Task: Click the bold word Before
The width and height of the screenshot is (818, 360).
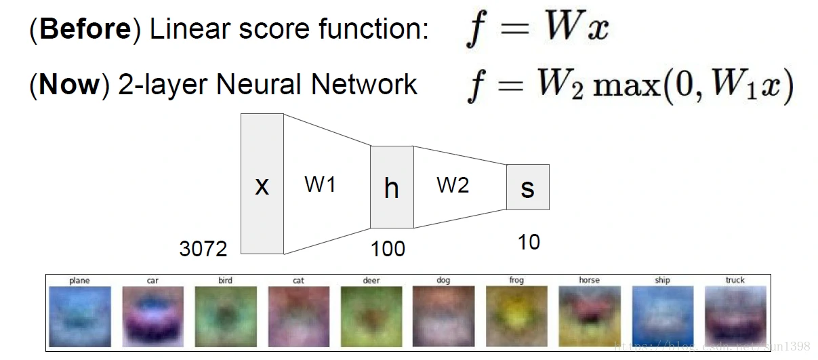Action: click(x=85, y=29)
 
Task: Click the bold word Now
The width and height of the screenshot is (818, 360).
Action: click(x=70, y=85)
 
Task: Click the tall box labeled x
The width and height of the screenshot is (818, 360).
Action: click(x=262, y=184)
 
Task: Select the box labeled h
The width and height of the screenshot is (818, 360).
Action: click(x=392, y=187)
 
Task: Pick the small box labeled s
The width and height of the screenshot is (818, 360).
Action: click(x=527, y=187)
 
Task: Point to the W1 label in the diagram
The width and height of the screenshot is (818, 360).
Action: click(x=320, y=184)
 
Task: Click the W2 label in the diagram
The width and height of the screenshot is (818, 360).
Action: click(x=453, y=184)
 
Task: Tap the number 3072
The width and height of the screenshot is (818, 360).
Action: click(x=203, y=249)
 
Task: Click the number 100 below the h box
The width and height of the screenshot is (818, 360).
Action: click(x=388, y=249)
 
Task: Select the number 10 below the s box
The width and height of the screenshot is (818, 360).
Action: click(x=529, y=242)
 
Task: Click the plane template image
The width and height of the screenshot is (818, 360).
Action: click(x=80, y=316)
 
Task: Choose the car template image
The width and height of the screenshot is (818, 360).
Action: click(x=152, y=316)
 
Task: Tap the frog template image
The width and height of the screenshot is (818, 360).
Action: click(x=516, y=316)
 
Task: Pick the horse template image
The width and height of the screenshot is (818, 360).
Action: click(x=589, y=316)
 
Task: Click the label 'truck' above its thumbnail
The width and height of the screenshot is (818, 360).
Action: click(x=735, y=280)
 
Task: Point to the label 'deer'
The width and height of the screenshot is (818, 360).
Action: click(x=371, y=280)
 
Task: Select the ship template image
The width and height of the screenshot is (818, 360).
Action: click(x=662, y=316)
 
